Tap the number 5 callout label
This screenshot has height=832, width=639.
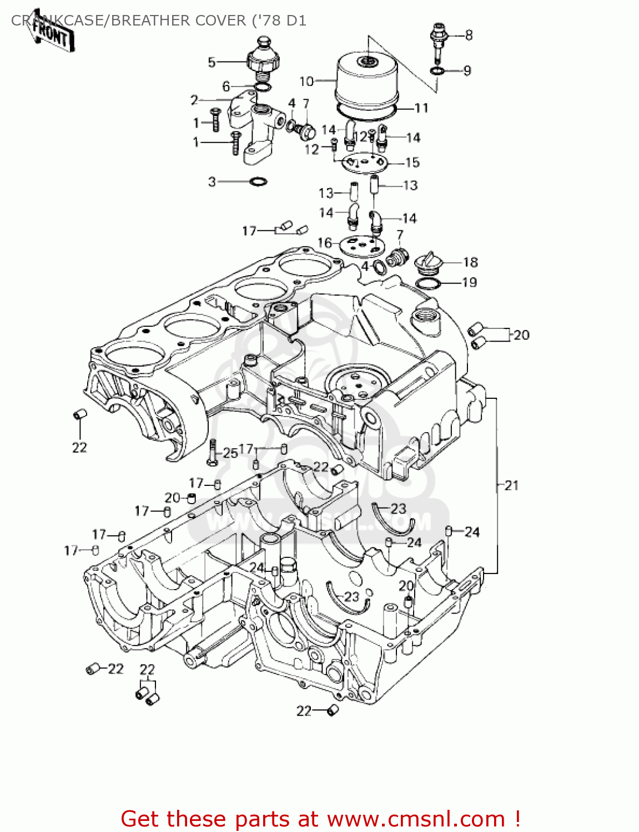pyautogui.click(x=212, y=62)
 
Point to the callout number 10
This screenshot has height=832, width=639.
pyautogui.click(x=306, y=82)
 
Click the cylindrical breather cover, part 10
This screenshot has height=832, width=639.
pyautogui.click(x=366, y=80)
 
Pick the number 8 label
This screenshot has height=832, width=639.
pyautogui.click(x=469, y=35)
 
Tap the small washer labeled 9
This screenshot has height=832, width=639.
pyautogui.click(x=437, y=70)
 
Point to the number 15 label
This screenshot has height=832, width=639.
pyautogui.click(x=412, y=163)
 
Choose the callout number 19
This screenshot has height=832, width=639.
pyautogui.click(x=469, y=282)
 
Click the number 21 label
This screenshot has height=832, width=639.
pyautogui.click(x=511, y=485)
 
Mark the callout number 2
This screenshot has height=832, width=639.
pyautogui.click(x=194, y=100)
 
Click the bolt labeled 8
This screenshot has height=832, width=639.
pyautogui.click(x=439, y=42)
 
